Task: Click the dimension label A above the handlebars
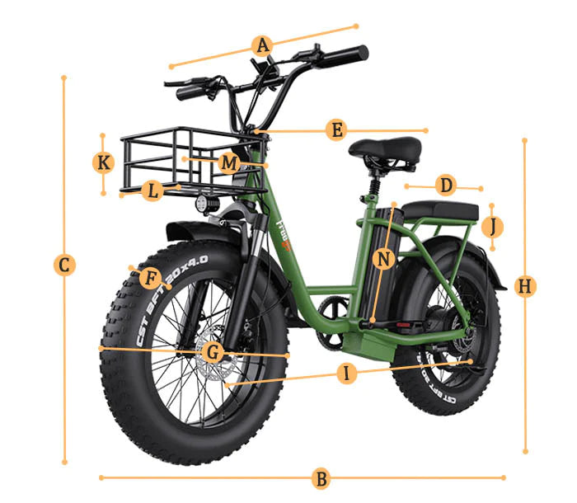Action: [x=263, y=45]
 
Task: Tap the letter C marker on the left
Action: [x=64, y=265]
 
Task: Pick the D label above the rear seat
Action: [x=446, y=185]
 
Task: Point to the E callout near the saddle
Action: [x=335, y=130]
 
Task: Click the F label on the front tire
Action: [x=150, y=277]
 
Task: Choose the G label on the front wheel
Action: [x=213, y=353]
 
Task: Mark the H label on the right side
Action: [x=525, y=286]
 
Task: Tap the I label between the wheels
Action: [x=347, y=374]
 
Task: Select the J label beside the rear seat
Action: [x=493, y=225]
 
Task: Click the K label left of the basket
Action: [x=103, y=162]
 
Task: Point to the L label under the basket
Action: [x=152, y=192]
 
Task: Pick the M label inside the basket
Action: [x=229, y=162]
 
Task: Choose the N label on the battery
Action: [x=383, y=259]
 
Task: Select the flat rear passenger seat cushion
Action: [x=440, y=211]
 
